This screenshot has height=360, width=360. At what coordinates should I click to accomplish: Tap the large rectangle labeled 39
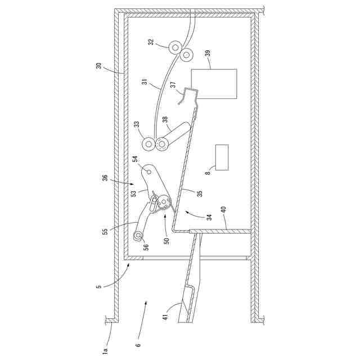pos(214,84)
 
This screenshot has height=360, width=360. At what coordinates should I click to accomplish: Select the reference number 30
pos(98,65)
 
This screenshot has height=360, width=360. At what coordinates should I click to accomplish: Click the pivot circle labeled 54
pos(149,169)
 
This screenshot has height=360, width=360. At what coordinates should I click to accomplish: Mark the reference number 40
pos(223,210)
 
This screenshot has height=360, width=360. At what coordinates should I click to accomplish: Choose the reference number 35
pos(199,192)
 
